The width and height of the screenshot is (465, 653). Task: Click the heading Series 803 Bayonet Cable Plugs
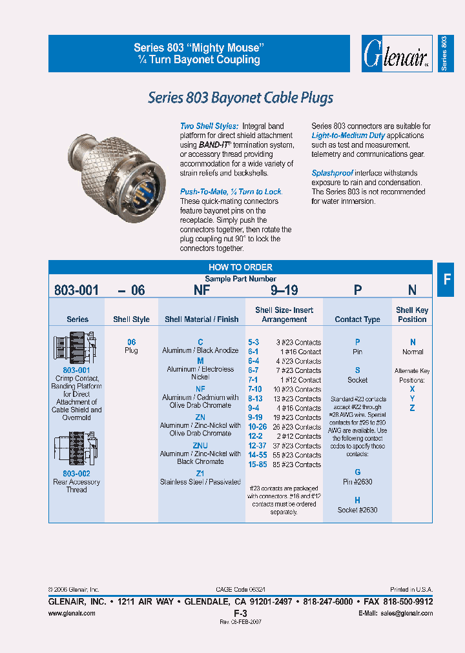240,98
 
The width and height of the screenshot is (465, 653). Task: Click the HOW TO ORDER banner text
240,267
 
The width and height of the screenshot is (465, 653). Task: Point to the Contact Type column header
357,319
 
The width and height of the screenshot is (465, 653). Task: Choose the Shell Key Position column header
412,314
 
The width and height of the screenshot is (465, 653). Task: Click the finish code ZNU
200,445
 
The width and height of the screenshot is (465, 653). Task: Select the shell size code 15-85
257,465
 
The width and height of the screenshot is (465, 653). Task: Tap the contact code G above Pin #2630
358,472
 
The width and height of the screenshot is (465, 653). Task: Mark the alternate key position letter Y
412,399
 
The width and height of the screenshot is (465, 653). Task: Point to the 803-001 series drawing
76,348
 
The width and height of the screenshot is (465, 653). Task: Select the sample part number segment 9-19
284,290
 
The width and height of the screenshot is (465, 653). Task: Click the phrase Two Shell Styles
209,126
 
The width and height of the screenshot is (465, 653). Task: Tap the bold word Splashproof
332,173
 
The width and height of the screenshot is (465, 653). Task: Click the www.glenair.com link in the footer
72,613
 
